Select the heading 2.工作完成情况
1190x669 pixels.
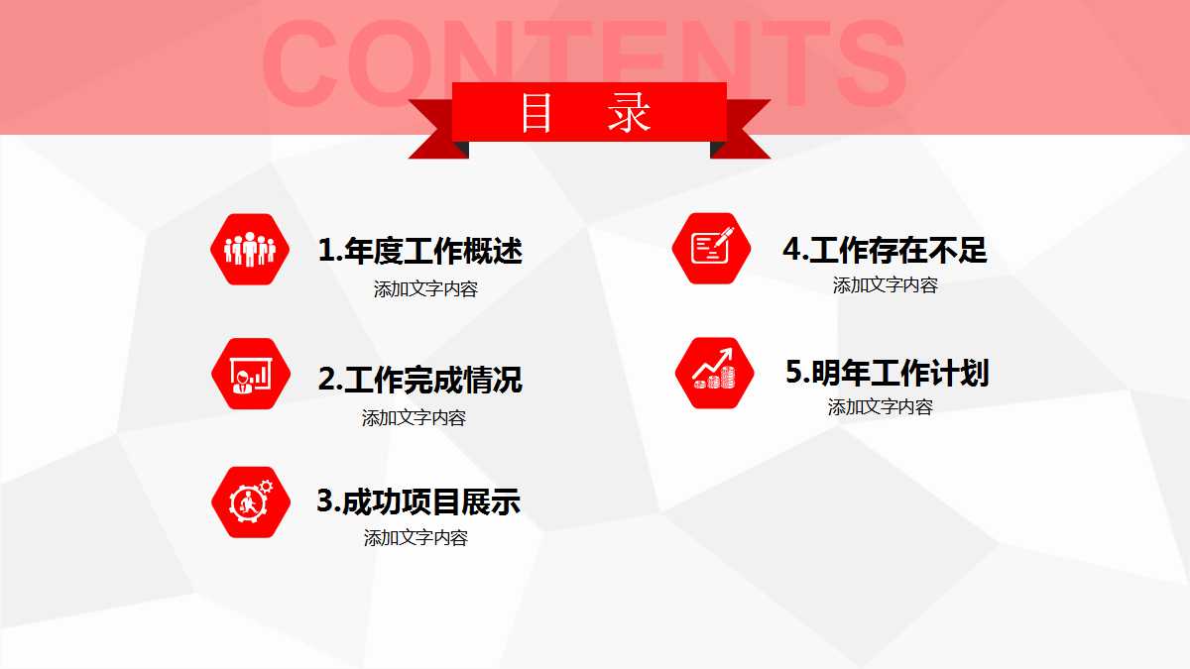tap(419, 380)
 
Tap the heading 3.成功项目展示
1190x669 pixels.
tap(417, 502)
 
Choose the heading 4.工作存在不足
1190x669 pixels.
tap(885, 250)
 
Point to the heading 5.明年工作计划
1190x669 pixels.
tap(887, 373)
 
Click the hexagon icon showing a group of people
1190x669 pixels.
tap(249, 250)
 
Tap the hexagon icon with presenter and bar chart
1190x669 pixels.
tap(249, 374)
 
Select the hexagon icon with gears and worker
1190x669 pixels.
tap(249, 502)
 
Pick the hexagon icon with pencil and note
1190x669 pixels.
tap(711, 248)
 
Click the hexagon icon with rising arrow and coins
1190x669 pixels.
tap(714, 373)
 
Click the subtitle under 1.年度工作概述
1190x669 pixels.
tap(425, 290)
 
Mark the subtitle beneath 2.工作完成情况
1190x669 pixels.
tap(414, 418)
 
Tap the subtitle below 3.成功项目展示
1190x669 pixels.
tap(416, 538)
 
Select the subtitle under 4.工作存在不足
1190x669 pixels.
tap(885, 285)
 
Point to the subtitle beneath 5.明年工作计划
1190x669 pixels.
tap(880, 407)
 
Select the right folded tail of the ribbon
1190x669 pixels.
tap(746, 135)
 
